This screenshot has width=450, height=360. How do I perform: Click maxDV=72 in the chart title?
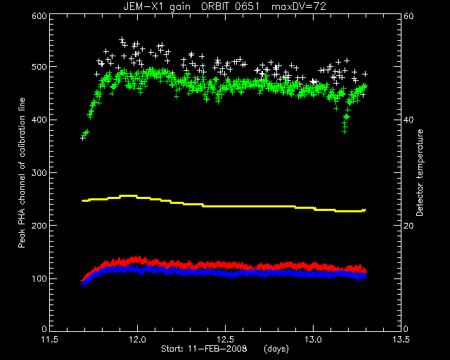pyautogui.click(x=298, y=6)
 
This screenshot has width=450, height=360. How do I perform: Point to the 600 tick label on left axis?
pyautogui.click(x=39, y=16)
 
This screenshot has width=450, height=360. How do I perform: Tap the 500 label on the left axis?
pyautogui.click(x=39, y=67)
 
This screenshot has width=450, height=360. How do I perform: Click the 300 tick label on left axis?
pyautogui.click(x=39, y=172)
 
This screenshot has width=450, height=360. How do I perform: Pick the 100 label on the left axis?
pyautogui.click(x=39, y=278)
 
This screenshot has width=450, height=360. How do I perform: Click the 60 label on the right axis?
pyautogui.click(x=409, y=16)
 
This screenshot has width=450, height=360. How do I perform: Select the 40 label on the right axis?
pyautogui.click(x=409, y=120)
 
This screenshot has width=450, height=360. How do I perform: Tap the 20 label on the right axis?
pyautogui.click(x=409, y=226)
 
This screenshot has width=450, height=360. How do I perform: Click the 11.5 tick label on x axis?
pyautogui.click(x=50, y=340)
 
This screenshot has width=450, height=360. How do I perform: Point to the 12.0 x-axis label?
pyautogui.click(x=138, y=340)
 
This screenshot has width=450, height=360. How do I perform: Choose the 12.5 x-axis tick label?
pyautogui.click(x=225, y=340)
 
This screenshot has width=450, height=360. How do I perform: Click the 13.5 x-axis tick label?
pyautogui.click(x=401, y=340)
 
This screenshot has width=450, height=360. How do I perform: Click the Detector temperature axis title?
pyautogui.click(x=420, y=172)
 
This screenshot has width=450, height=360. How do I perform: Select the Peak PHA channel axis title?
pyautogui.click(x=22, y=172)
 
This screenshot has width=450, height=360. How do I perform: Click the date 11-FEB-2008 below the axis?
pyautogui.click(x=217, y=349)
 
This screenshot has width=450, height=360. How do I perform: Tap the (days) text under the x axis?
pyautogui.click(x=276, y=349)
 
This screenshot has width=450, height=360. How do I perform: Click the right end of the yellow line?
pyautogui.click(x=366, y=210)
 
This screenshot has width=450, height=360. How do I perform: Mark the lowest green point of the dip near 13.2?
pyautogui.click(x=345, y=132)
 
